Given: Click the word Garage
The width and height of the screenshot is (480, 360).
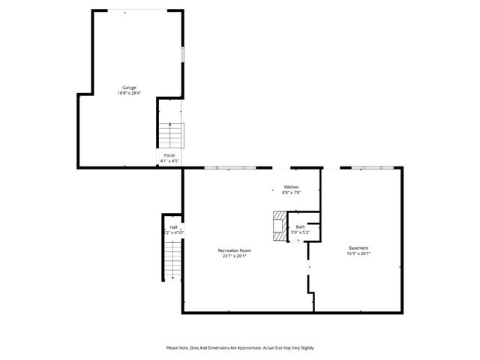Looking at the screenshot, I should coord(129,88).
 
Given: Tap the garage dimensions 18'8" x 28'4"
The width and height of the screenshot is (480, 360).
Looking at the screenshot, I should coord(129,94).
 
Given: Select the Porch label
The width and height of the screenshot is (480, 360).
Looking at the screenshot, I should coord(170,155).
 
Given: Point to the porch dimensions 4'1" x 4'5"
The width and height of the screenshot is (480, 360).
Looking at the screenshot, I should coord(170,161).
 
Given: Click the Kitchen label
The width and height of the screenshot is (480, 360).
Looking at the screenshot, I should coord(291,187).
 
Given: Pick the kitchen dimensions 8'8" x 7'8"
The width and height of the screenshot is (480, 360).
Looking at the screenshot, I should coord(291,193).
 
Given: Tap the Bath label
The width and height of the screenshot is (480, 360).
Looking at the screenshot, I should coord(300,226).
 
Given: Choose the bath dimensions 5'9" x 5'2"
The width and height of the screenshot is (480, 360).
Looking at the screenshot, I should coord(300,232).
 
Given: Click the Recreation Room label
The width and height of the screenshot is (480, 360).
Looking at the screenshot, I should coord(234,250).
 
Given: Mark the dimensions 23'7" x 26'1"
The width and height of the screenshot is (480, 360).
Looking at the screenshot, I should coord(234,256).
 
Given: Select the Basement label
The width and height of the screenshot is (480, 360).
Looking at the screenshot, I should coord(358,247).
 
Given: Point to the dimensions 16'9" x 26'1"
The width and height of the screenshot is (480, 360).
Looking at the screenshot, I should coord(358,253).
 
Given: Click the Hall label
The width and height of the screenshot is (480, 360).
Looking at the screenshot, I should coord(173,226).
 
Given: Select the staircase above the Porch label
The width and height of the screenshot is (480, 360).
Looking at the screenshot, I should coord(172,136).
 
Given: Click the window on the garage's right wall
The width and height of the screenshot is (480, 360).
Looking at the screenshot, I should coord(183,55).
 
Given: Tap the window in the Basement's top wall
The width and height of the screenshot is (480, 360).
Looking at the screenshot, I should coord(368,168).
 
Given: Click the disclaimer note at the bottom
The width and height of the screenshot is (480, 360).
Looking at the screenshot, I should coord(240,348).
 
